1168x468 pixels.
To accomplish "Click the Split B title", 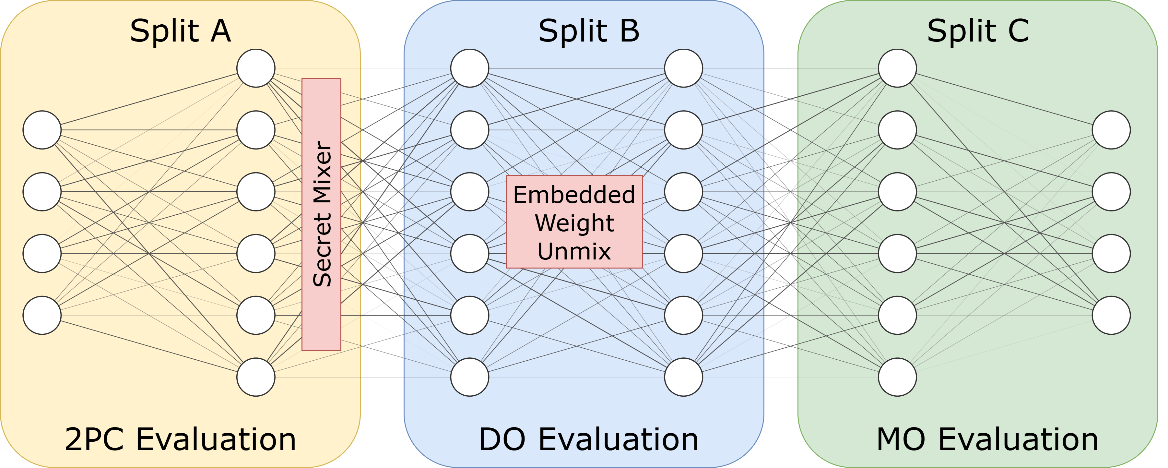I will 588,31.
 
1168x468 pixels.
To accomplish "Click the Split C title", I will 978,31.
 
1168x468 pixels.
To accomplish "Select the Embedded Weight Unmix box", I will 574,222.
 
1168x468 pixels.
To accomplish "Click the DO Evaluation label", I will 588,439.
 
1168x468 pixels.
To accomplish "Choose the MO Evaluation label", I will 987,439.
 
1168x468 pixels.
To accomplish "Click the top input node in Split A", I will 42,130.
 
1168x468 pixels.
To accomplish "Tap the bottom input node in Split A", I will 42,315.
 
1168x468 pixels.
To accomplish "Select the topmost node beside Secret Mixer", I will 256,68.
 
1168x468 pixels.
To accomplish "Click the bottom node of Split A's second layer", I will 256,377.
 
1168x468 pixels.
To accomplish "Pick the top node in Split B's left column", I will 470,68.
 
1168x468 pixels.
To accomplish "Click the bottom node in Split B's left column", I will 470,377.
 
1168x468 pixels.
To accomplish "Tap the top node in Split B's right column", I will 684,68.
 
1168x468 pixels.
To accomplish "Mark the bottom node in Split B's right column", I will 684,377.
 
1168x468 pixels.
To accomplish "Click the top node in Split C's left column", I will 897,68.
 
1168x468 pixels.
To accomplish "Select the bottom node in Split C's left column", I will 897,377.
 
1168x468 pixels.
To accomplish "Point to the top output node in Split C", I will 1111,130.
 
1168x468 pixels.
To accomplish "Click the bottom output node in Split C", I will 1111,315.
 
